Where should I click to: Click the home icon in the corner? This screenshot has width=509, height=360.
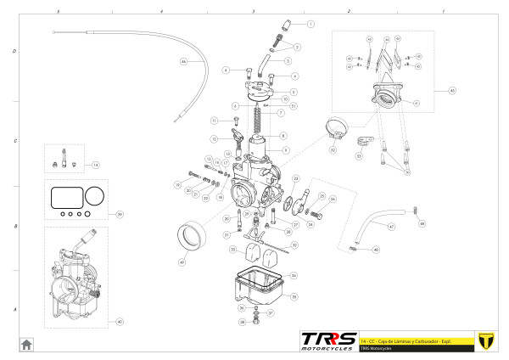pos(26,343)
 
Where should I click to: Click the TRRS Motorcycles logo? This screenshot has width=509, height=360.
pos(327,340)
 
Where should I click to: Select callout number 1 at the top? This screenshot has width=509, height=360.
pos(310,25)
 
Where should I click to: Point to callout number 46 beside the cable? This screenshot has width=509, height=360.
pos(377,250)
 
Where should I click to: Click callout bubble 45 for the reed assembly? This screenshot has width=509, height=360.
pos(452,90)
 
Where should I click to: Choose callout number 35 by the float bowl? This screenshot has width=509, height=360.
pos(294,296)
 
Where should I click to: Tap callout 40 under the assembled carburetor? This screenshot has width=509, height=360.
pos(120,322)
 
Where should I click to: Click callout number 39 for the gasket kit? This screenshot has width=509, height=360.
pos(120,214)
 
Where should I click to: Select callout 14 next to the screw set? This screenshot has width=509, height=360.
pos(96,164)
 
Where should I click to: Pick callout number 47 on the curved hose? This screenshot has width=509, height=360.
pos(391,228)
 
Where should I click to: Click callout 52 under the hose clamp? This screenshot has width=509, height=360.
pos(333,150)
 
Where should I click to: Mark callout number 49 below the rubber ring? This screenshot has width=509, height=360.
pos(182,262)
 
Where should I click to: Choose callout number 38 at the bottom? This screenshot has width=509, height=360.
pos(243,322)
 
